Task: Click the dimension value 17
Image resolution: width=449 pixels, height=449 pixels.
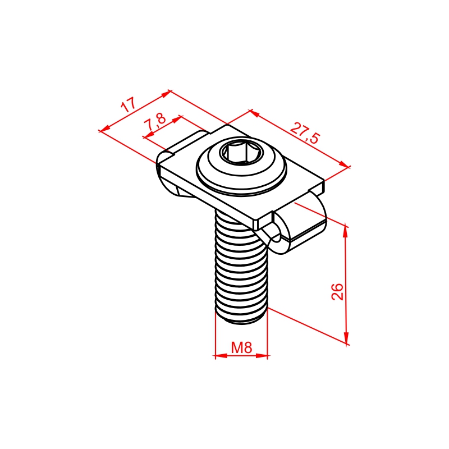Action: pyautogui.click(x=128, y=105)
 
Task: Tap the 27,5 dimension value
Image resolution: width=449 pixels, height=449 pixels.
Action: pyautogui.click(x=304, y=133)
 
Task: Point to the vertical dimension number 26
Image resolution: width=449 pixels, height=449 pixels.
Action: pyautogui.click(x=337, y=291)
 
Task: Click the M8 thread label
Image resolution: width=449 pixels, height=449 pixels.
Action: pyautogui.click(x=241, y=347)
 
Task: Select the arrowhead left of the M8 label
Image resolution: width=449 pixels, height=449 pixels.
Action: pyautogui.click(x=221, y=356)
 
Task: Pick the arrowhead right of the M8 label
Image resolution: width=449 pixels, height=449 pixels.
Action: pyautogui.click(x=262, y=356)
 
